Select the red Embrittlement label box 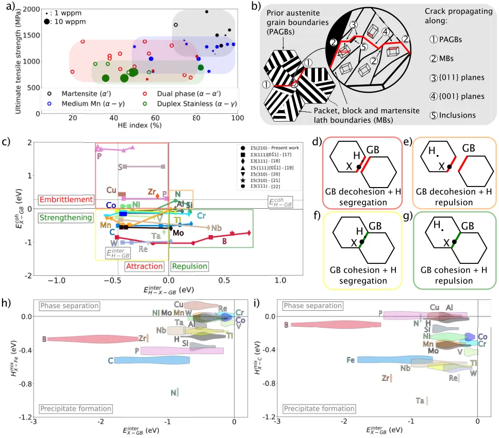tap(65, 199)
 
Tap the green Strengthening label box tap(65, 218)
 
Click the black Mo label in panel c tap(178, 233)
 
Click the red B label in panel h tap(44, 339)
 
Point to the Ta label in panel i tap(420, 400)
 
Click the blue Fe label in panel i tap(351, 360)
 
